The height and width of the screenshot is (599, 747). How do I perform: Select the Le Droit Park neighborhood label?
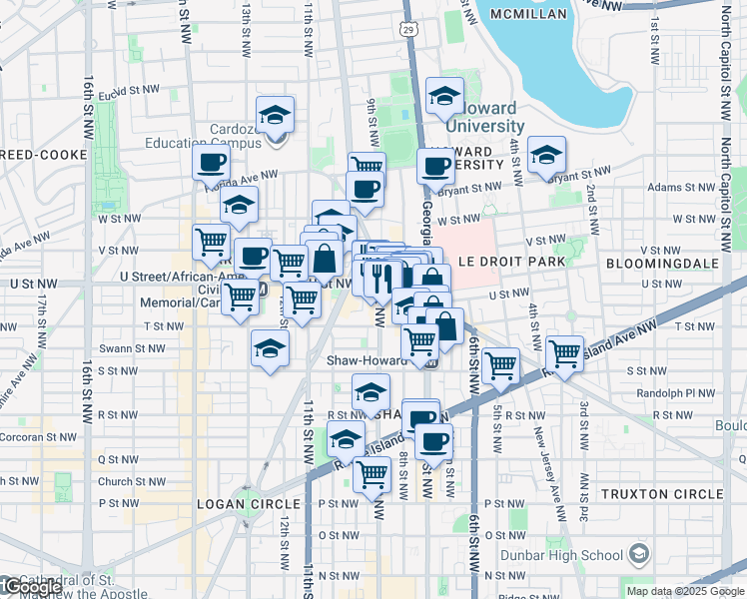(512, 262)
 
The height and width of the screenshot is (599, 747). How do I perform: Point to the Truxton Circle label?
(661, 494)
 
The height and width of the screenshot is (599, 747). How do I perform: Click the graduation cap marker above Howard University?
(444, 96)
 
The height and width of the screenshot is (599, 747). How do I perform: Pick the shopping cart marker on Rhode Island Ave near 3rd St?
(565, 352)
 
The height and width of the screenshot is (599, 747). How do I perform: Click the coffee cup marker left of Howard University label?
(435, 165)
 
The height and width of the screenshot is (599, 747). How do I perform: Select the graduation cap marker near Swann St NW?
(270, 348)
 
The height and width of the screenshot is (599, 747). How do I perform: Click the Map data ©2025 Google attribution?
(685, 591)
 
